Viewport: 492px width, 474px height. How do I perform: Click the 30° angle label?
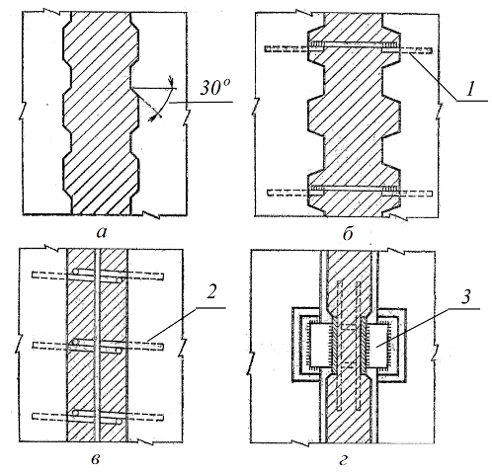214,88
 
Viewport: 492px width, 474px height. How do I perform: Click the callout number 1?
470,89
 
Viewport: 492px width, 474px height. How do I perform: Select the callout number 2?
210,291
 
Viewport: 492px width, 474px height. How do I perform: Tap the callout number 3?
464,297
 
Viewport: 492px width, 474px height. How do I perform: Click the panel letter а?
102,233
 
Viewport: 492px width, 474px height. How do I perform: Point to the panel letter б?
348,233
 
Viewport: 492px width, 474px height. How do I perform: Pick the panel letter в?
95,459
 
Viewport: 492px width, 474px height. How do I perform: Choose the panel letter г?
343,460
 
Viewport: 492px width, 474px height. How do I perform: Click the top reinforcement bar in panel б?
349,46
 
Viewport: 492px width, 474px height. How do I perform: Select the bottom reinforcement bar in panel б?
350,191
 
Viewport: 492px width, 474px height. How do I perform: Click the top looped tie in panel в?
98,276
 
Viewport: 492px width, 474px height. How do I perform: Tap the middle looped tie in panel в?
98,347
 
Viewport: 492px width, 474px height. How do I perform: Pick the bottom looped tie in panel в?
98,417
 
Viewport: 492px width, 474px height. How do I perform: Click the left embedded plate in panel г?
318,346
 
